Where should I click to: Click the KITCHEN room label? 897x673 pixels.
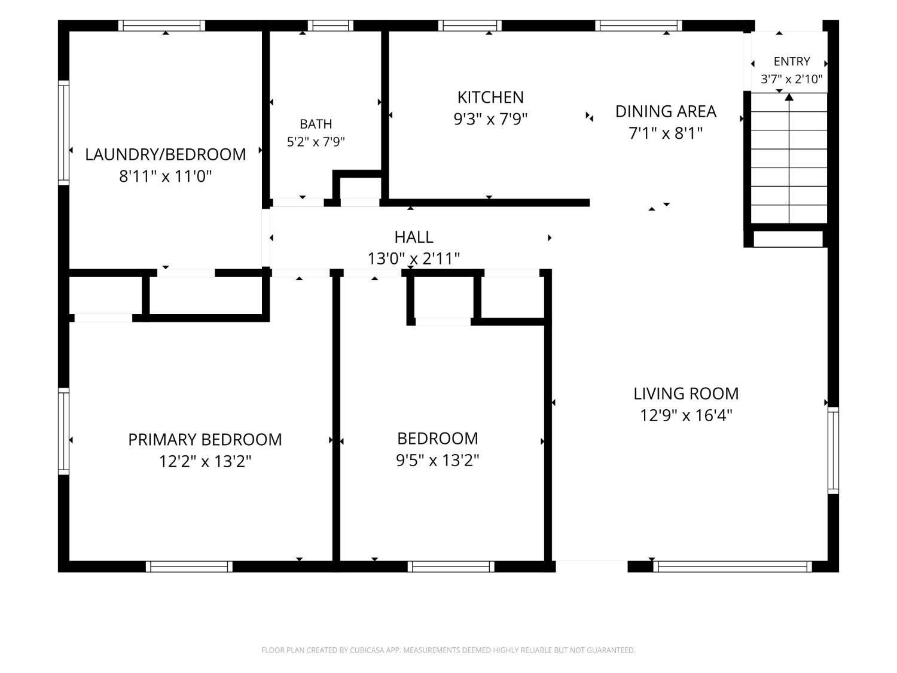click(x=490, y=98)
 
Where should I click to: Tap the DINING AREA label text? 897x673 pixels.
click(x=666, y=111)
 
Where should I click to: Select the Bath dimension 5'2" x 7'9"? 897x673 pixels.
click(x=316, y=142)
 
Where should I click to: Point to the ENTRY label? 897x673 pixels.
click(x=792, y=61)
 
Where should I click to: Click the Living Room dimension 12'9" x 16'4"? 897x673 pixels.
click(x=686, y=416)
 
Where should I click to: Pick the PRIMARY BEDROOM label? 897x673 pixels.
click(x=205, y=440)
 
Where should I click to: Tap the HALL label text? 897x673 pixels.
click(x=414, y=237)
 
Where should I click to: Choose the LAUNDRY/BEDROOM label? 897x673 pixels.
click(x=166, y=154)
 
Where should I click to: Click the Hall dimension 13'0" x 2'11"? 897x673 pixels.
click(x=414, y=258)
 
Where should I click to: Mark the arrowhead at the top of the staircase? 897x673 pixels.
click(x=789, y=98)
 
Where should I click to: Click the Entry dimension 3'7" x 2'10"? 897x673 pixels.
click(x=792, y=79)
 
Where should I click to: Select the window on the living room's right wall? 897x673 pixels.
click(x=833, y=450)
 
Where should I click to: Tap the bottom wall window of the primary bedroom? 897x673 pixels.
click(x=189, y=567)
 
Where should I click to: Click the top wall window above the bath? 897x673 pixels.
click(x=330, y=25)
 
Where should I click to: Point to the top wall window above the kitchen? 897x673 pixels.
click(x=470, y=25)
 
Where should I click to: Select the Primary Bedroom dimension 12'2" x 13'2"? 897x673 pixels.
click(x=205, y=462)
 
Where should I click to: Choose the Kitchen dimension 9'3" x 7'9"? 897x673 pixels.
click(x=490, y=119)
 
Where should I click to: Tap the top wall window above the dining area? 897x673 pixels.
click(x=639, y=25)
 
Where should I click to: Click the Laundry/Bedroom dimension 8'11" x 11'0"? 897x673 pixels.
click(x=166, y=176)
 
